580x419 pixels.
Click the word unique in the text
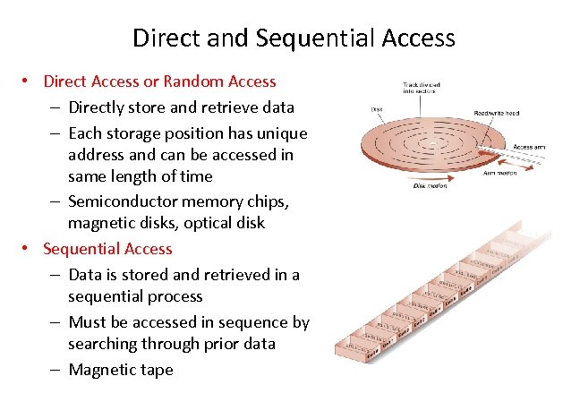coord(285,133)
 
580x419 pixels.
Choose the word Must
coord(88,322)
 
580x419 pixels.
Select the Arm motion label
coord(499,174)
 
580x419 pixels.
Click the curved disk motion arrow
coord(421,178)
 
